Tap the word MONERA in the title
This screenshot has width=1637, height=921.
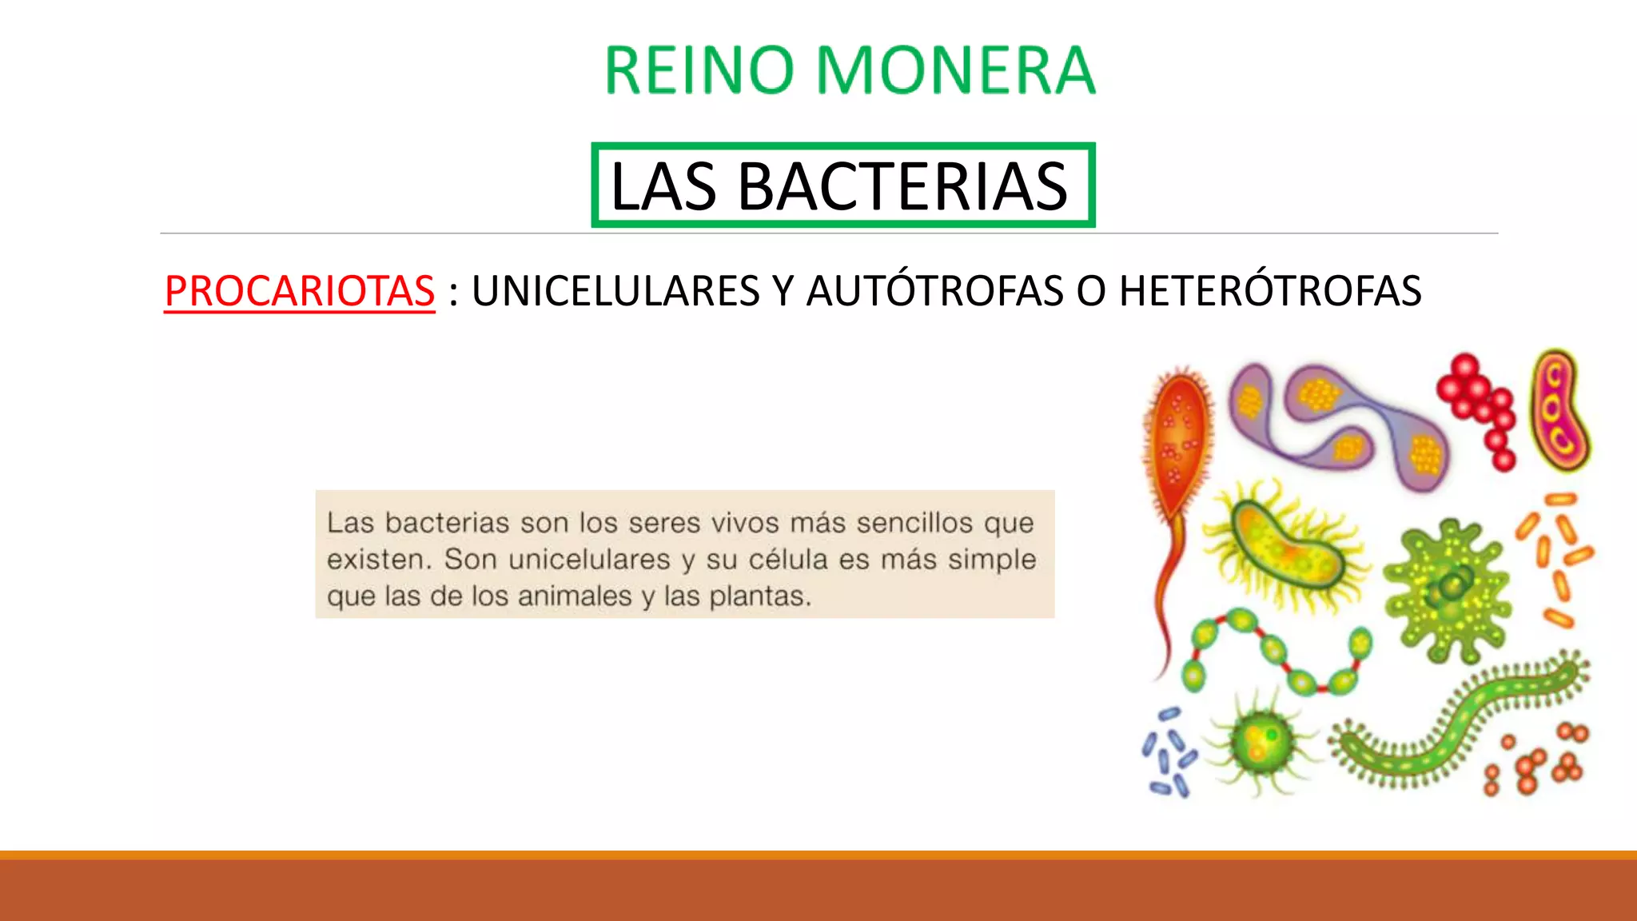[x=955, y=70]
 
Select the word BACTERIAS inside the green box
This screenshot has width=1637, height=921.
[x=902, y=186]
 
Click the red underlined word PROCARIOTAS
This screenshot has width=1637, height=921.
[x=300, y=290]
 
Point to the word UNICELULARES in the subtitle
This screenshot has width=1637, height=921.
[x=615, y=290]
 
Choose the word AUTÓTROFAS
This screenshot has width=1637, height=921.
[x=934, y=290]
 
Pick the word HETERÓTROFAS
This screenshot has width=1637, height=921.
[x=1270, y=290]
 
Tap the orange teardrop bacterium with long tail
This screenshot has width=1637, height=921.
[x=1176, y=448]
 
